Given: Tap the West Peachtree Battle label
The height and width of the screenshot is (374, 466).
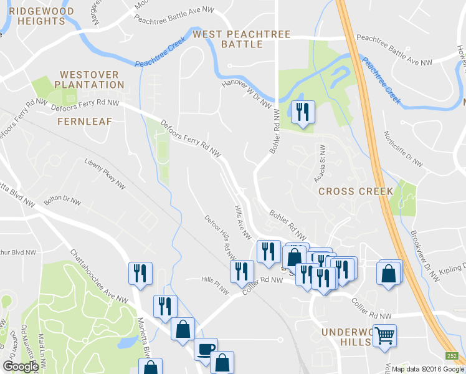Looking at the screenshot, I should (242, 39).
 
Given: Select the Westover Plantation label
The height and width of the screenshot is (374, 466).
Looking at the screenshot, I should (90, 79).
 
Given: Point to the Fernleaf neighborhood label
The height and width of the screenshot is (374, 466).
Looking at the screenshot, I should (83, 122).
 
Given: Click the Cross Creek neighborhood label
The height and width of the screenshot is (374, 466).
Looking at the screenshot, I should (356, 191).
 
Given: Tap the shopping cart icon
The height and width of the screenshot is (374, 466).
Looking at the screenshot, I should (384, 335).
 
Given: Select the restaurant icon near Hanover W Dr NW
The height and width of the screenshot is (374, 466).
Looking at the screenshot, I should (303, 112).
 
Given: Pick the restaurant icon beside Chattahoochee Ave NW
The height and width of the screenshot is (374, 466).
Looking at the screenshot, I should (140, 272).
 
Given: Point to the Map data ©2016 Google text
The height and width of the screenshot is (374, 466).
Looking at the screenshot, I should (427, 369).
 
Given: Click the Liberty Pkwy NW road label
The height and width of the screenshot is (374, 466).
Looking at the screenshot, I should (104, 174).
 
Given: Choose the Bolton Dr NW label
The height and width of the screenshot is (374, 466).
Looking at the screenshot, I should (62, 201).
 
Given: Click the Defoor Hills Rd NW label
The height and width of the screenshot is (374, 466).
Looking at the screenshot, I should (221, 237).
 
